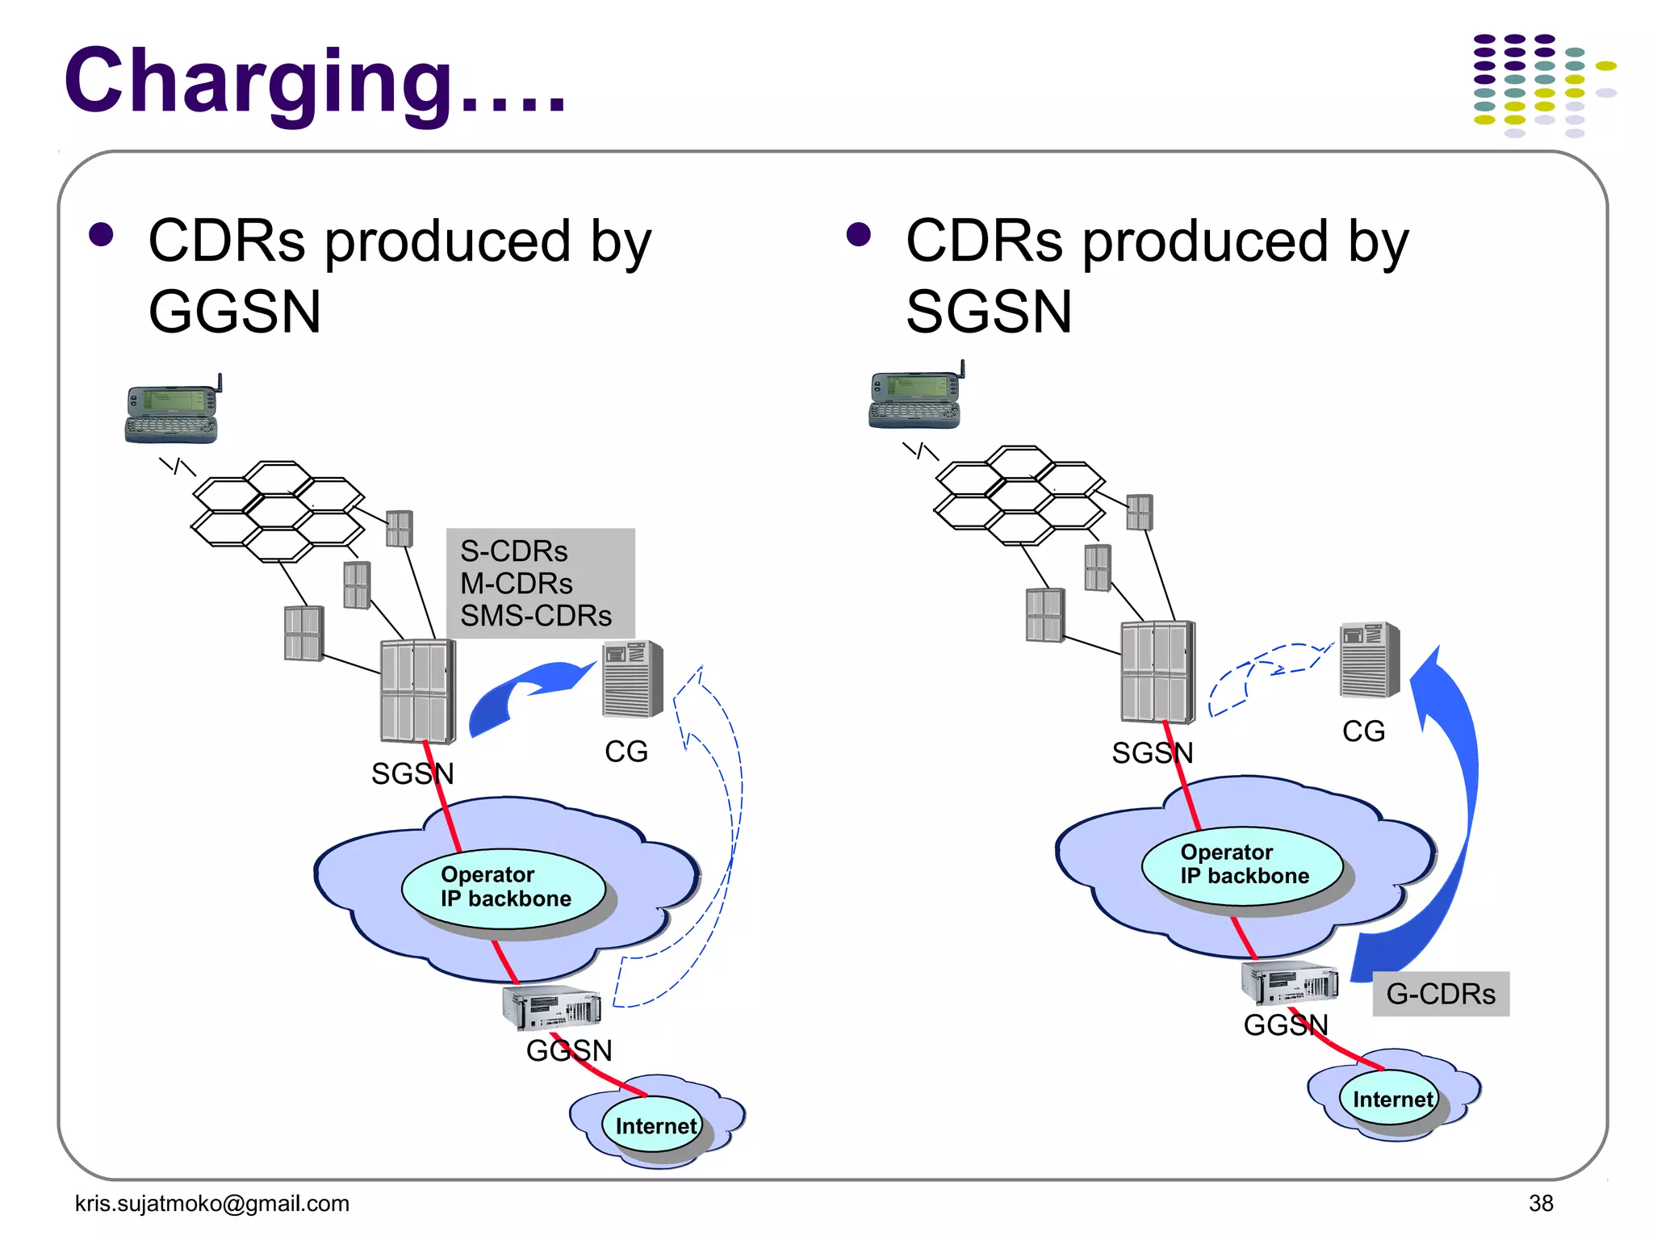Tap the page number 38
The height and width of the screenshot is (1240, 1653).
(x=1540, y=1203)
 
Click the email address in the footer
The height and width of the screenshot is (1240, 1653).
(x=211, y=1203)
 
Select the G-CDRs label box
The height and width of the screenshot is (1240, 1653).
(x=1441, y=994)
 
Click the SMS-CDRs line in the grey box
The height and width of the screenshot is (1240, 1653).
(x=536, y=616)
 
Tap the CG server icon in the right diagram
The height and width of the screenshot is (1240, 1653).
(x=1369, y=660)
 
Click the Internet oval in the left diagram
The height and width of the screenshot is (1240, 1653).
(x=654, y=1125)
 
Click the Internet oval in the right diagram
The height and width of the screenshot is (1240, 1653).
(x=1390, y=1099)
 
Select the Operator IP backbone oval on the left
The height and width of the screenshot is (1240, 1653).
(x=504, y=887)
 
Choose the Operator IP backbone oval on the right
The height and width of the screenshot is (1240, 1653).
(x=1243, y=865)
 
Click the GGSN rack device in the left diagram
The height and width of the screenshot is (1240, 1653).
(x=551, y=1007)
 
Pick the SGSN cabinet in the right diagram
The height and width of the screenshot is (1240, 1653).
(x=1157, y=672)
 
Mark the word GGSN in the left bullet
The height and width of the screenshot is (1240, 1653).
(x=235, y=312)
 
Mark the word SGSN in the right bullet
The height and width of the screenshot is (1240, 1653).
(x=989, y=312)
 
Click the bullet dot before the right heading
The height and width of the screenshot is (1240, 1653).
(x=858, y=235)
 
